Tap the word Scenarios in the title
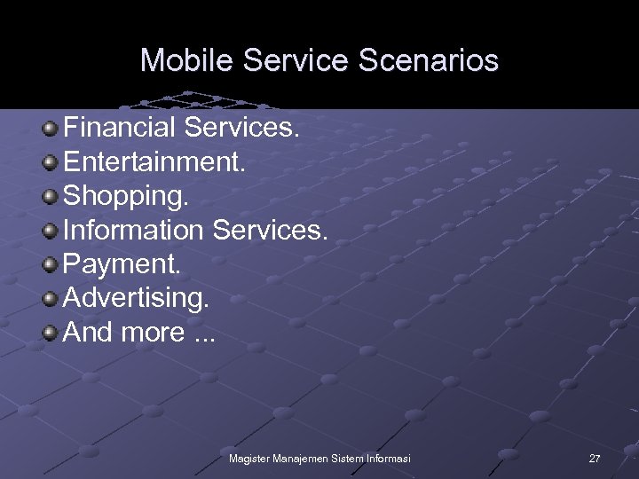tap(430, 60)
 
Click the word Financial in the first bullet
tap(120, 129)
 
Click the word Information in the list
tap(133, 231)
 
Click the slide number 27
tap(595, 459)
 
